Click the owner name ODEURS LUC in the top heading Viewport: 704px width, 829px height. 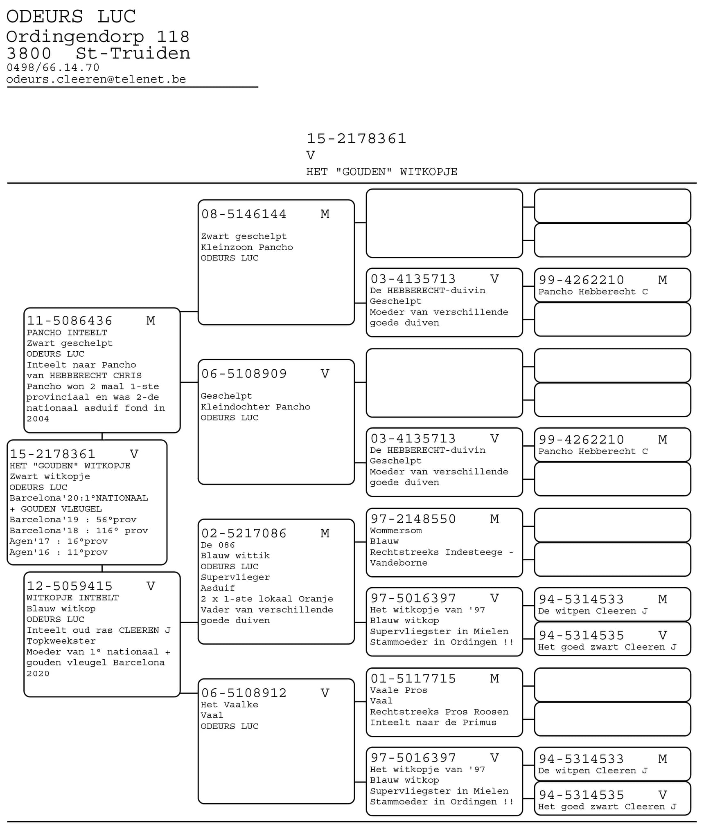point(71,17)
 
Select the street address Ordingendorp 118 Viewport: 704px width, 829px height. point(98,37)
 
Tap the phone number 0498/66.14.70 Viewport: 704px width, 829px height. point(53,67)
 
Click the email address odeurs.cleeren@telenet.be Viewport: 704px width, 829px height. point(96,79)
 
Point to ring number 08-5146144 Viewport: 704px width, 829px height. point(244,214)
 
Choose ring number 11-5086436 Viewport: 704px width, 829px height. point(70,321)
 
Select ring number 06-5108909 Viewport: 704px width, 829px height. point(244,374)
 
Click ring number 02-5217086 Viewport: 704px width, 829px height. point(244,533)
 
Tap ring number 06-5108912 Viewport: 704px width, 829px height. point(244,693)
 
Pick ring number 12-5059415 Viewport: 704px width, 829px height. point(70,586)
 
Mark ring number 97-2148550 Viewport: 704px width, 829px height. point(413,519)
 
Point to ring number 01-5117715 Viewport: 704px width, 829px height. point(413,678)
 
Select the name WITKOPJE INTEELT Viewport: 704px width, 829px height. point(72,598)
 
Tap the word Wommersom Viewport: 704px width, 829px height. point(396,530)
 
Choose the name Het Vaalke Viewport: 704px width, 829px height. point(229,704)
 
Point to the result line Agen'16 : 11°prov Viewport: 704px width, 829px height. point(59,552)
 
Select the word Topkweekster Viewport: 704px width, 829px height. point(61,641)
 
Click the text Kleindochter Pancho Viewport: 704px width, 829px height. point(255,407)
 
